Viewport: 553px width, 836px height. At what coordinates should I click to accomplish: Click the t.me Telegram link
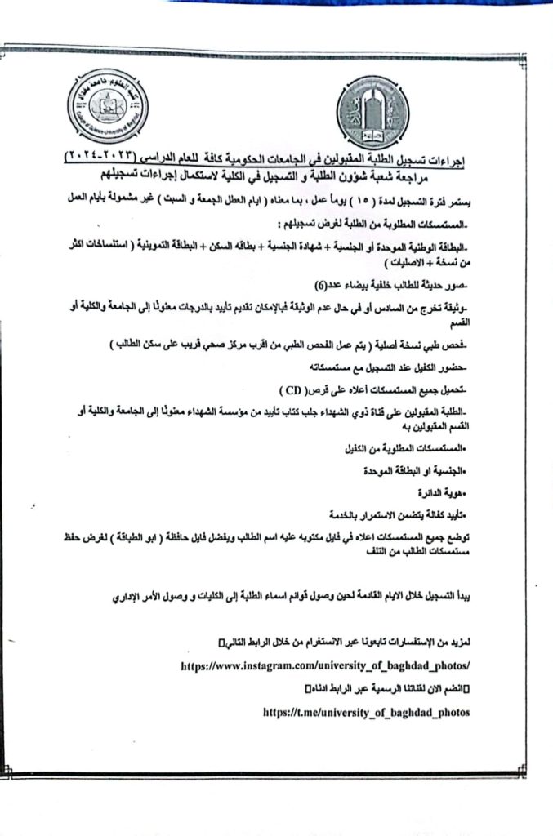click(367, 711)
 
